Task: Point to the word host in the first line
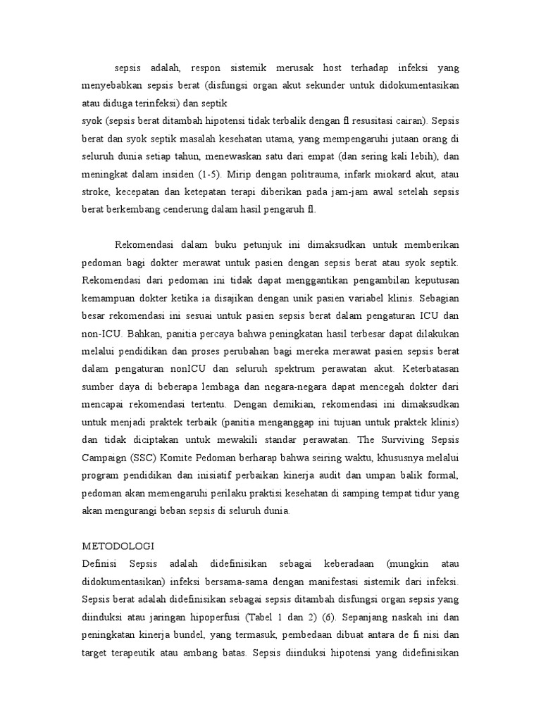click(x=335, y=68)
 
